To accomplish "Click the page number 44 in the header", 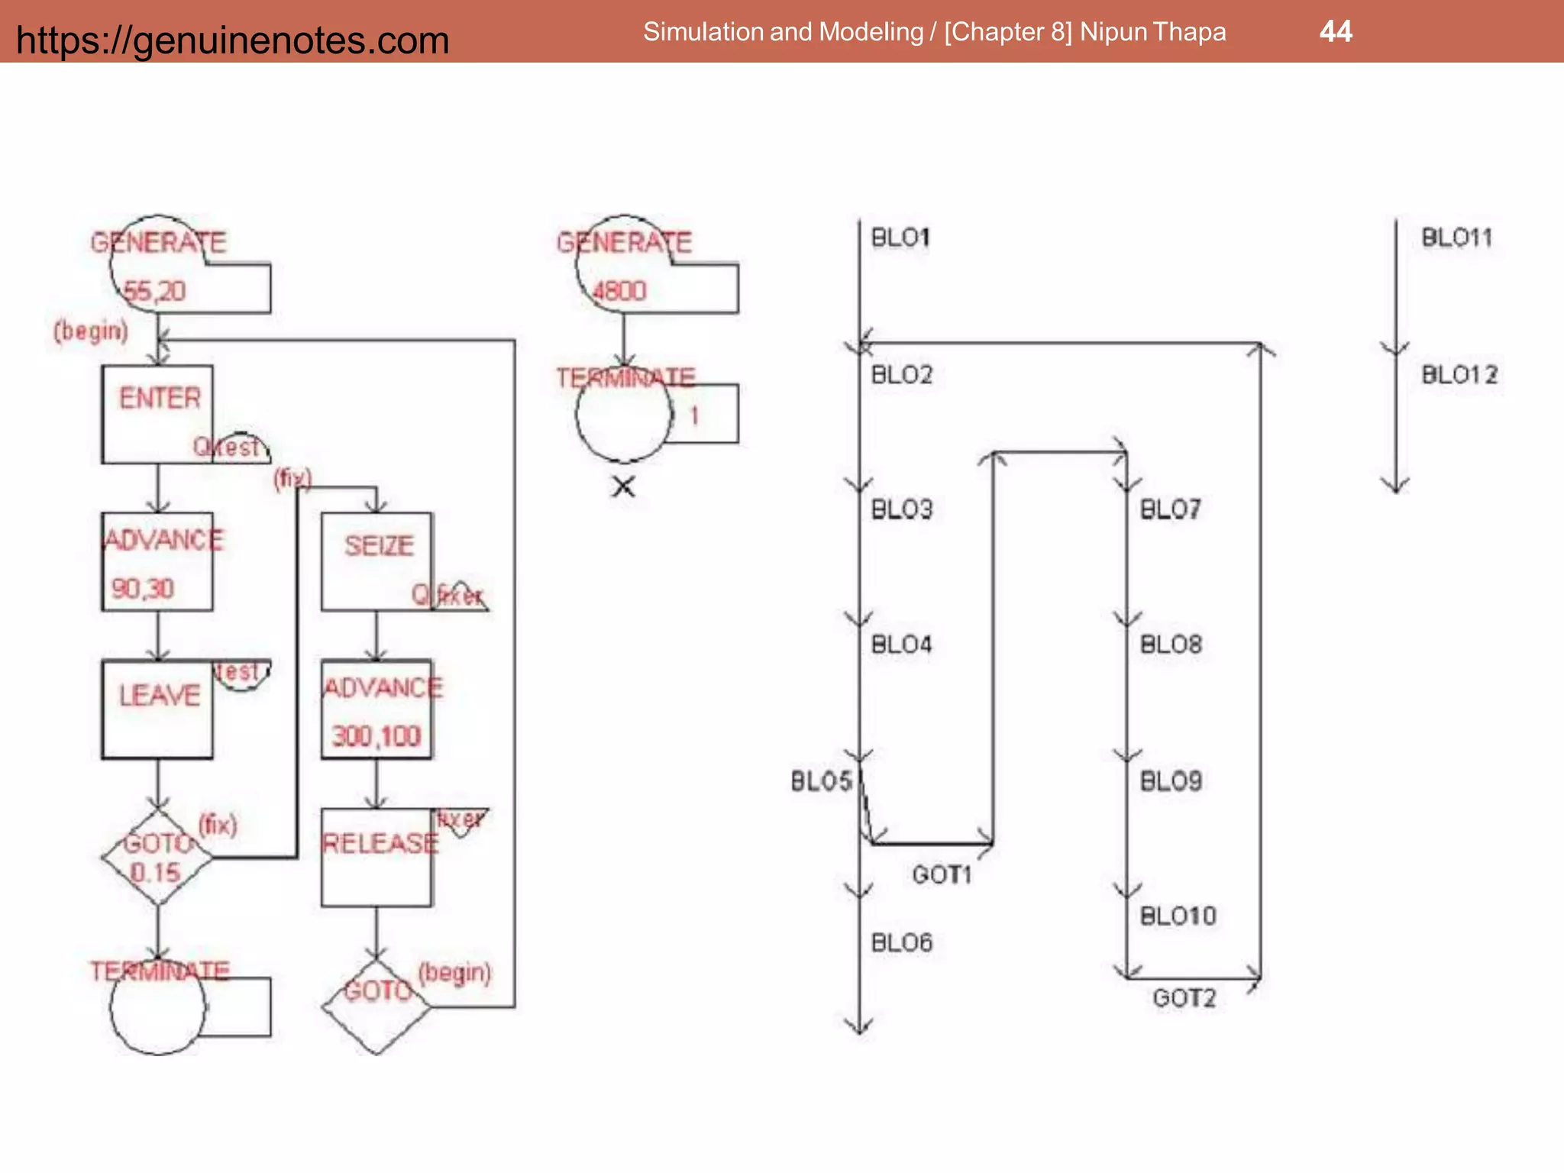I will coord(1336,32).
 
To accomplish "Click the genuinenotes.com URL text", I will coord(232,40).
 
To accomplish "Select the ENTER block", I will coord(157,413).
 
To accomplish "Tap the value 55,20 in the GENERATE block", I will coord(154,291).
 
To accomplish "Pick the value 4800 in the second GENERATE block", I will coord(619,291).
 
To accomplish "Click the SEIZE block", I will coord(376,561).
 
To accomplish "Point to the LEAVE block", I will coord(157,709).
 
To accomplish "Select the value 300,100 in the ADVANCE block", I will coord(376,736).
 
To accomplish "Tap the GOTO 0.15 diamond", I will coord(157,857).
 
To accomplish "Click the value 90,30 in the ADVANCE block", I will coord(143,588).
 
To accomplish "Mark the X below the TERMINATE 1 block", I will coord(624,486).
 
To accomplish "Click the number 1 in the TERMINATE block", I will coord(694,416).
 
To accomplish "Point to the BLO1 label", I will coord(900,238).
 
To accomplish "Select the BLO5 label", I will coord(821,781).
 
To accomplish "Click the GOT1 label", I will coord(942,874).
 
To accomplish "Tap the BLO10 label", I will coord(1178,916).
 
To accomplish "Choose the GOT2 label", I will coord(1184,998).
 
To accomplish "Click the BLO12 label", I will coord(1459,375).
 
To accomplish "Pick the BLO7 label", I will coord(1170,509).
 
